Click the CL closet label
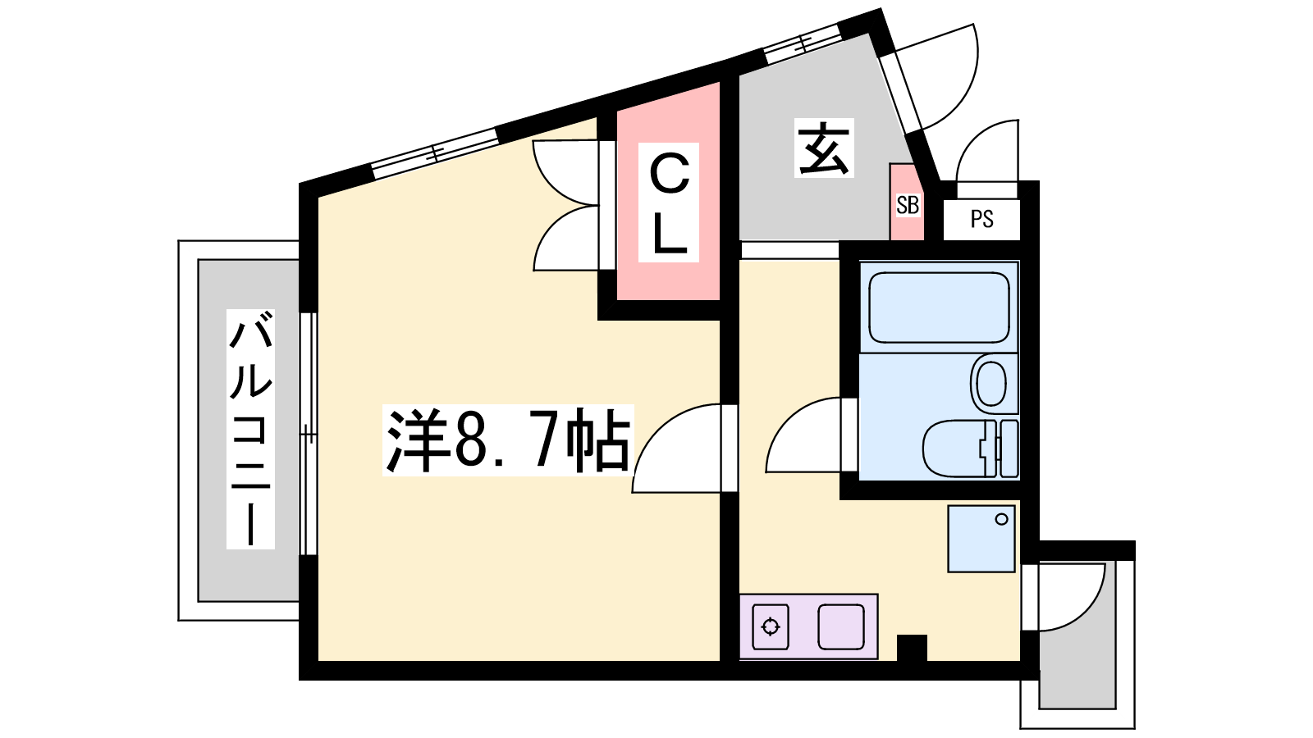669,202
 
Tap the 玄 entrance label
824,148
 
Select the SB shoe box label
908,205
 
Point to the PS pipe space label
981,219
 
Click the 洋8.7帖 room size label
508,440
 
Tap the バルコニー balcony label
251,430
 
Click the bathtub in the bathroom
939,307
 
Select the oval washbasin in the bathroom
991,385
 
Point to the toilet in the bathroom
970,448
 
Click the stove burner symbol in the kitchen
771,626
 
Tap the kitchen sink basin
841,626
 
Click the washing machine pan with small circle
981,539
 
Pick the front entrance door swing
961,88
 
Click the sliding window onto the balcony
309,434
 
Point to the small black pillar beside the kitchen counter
912,648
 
